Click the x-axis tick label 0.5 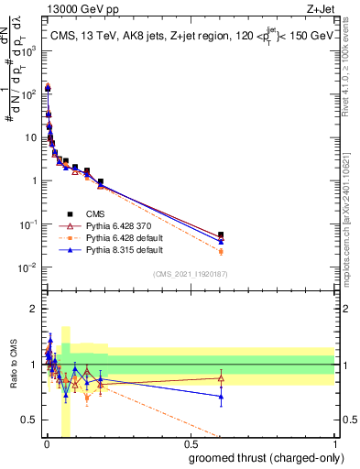(x=191, y=445)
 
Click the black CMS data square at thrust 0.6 (x=221, y=235)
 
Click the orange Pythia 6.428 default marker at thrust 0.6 (x=221, y=251)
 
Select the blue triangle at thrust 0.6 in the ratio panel (x=221, y=397)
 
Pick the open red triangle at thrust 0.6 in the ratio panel (x=221, y=377)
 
